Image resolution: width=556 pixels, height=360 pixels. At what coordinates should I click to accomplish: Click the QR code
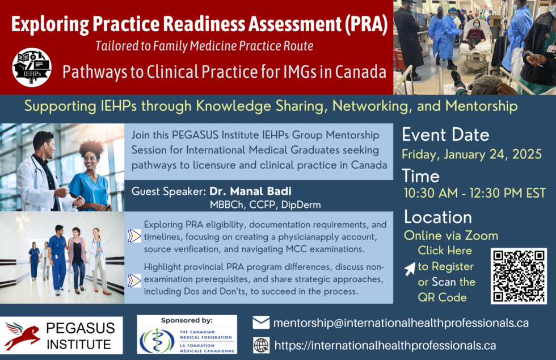(x=519, y=275)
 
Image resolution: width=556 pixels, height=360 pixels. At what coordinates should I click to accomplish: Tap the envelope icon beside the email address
(x=261, y=323)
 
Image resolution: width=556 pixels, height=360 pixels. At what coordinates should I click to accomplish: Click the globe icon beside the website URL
(x=261, y=345)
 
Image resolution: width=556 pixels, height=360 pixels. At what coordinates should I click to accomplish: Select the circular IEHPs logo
(x=32, y=68)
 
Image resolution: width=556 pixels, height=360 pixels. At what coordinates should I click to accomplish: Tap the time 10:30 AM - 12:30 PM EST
(x=474, y=193)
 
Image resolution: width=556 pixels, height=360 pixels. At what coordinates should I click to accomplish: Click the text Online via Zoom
(x=450, y=235)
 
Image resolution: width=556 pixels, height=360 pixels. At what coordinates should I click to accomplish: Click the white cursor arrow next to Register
(x=410, y=269)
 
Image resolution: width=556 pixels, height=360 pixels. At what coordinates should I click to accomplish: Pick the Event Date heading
(x=445, y=135)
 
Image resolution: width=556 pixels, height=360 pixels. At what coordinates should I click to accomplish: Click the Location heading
(x=437, y=217)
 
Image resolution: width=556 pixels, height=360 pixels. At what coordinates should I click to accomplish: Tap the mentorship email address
(x=401, y=323)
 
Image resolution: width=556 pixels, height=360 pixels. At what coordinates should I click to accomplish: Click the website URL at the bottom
(x=385, y=345)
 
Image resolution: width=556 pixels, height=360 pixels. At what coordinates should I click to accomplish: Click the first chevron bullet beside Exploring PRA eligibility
(x=134, y=235)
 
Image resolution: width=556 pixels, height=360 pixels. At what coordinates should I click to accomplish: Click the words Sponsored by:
(x=187, y=320)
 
